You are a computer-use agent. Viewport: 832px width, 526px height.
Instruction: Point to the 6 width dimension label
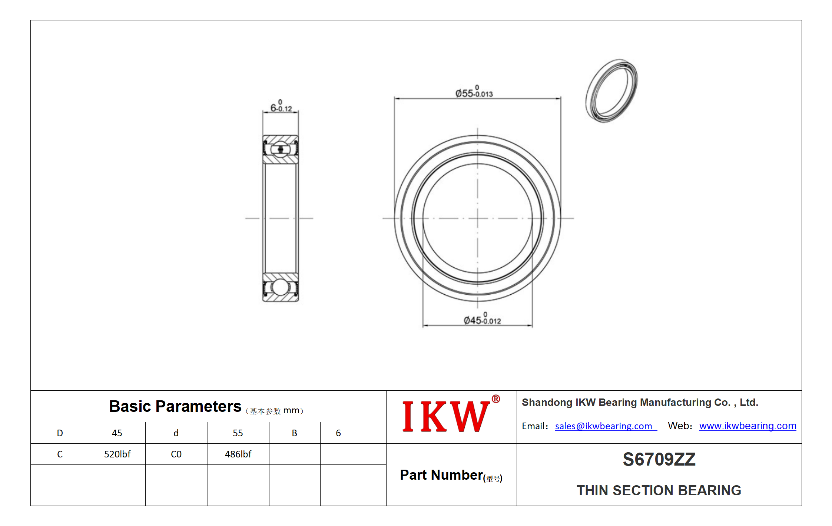281,106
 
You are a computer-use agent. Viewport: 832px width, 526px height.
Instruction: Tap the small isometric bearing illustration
611,91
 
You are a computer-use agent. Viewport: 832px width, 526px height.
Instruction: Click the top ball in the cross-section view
281,149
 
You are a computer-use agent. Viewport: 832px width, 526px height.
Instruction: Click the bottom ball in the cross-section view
280,287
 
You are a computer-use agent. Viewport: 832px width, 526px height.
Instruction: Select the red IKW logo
451,415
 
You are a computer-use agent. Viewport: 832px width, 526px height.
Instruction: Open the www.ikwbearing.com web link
748,426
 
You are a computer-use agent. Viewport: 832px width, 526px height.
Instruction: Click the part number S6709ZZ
659,459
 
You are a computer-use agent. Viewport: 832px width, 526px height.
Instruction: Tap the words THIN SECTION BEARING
659,490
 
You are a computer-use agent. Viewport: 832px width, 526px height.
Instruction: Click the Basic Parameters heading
175,406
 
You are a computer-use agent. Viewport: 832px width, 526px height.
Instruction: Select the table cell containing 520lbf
117,454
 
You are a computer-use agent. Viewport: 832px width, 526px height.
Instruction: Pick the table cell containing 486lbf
238,454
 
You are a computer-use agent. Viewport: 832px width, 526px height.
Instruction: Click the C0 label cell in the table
176,454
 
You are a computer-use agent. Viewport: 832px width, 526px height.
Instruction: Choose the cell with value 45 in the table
117,433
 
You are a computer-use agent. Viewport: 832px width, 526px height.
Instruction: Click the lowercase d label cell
176,433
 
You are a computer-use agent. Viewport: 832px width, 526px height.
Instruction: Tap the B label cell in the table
295,433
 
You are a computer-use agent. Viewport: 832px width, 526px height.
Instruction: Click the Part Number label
451,475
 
